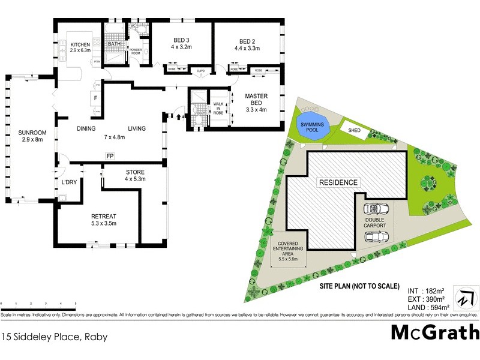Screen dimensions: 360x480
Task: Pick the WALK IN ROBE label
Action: click(x=218, y=108)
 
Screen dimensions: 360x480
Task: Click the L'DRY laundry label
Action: click(x=68, y=182)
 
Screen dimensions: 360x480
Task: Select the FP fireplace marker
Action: click(x=110, y=157)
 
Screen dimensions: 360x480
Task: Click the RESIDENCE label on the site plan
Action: click(x=338, y=182)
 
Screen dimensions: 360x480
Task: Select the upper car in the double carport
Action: click(x=376, y=209)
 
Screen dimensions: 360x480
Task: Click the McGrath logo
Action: click(x=435, y=332)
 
